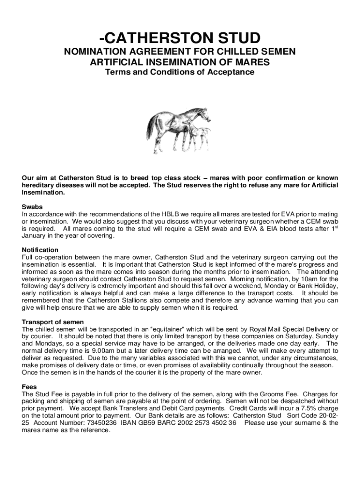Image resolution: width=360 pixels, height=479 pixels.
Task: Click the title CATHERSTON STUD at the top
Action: click(x=180, y=37)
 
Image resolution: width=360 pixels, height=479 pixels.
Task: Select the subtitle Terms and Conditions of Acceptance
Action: click(x=180, y=72)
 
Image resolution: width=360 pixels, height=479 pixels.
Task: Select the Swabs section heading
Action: click(x=32, y=206)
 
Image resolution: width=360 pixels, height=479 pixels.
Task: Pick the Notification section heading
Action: click(x=40, y=250)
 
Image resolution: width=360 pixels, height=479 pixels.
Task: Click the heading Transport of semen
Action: click(x=53, y=322)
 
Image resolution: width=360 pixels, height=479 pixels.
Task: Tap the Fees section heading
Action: click(x=30, y=387)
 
